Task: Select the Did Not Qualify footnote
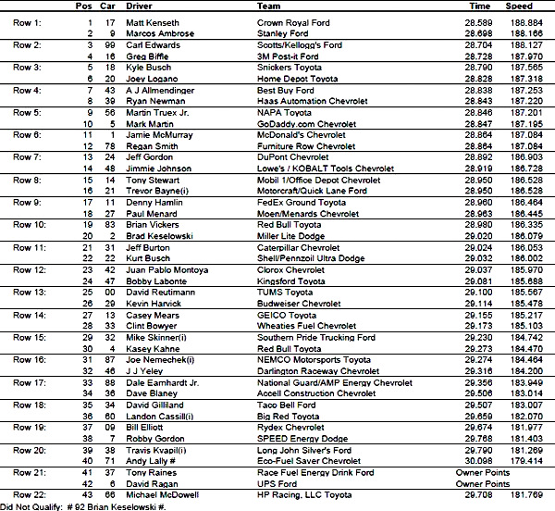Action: (x=83, y=505)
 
